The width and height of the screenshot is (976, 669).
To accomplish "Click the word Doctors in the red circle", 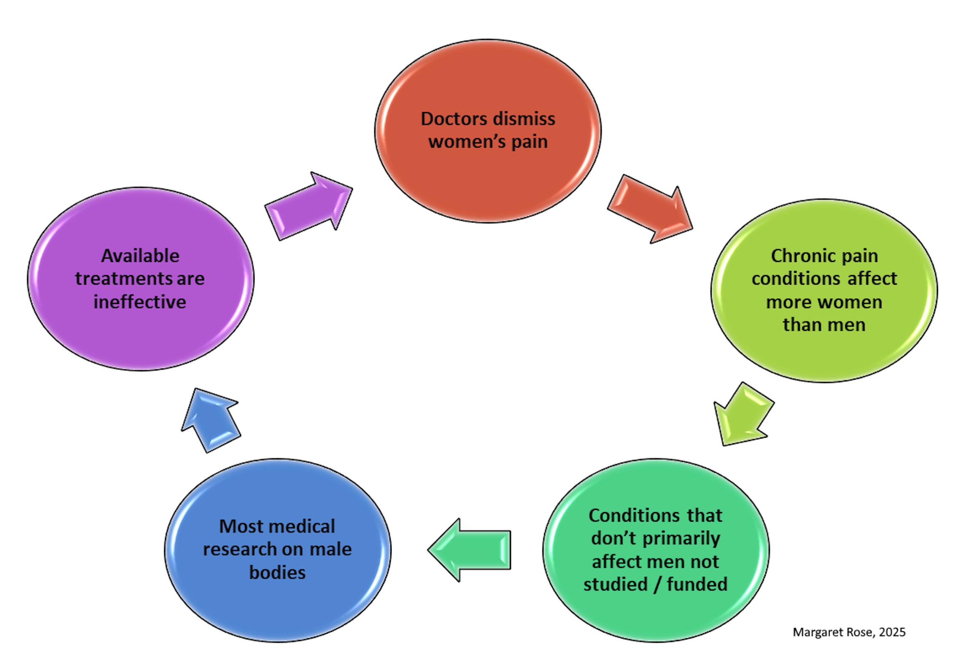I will (454, 119).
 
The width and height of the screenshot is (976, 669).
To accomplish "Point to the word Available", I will (140, 256).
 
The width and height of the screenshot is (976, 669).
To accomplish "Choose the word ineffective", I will (140, 302).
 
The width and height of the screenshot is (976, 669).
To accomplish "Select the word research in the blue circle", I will (240, 550).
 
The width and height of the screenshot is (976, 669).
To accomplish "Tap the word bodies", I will (277, 573).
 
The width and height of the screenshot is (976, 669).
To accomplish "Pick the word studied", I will (615, 585).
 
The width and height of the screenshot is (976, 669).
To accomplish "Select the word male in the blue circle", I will (330, 550).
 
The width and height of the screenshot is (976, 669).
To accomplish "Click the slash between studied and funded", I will (657, 585).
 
